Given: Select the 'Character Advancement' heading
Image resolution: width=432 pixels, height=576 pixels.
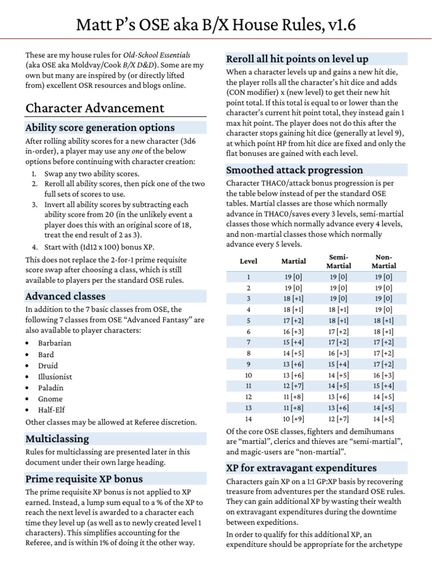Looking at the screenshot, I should coord(95,108).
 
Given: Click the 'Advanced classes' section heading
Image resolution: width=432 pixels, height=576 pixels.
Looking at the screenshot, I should coord(65,296).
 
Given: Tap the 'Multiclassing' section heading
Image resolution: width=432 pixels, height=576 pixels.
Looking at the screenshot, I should coord(57,438).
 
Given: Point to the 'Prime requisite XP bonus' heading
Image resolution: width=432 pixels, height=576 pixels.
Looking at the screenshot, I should coord(84,479).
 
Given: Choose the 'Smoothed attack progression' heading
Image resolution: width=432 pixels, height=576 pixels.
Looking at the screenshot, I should coord(294,170).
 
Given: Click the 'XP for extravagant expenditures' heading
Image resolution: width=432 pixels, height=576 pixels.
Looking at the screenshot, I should coord(301,468).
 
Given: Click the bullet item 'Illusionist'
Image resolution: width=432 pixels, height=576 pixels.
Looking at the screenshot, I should coord(56,376).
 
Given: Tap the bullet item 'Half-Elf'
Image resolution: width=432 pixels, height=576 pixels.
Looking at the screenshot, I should coord(51,410).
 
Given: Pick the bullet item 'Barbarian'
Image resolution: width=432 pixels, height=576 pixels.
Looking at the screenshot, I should coord(55,343).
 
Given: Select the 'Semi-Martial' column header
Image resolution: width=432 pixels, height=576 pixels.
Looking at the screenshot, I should coord(339,261).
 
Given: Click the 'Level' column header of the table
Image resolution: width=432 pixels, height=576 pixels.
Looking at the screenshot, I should coord(249,261).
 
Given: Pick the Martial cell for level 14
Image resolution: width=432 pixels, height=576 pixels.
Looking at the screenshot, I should coord(293,418).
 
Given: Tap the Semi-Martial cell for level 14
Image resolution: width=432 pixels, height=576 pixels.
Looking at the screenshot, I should coord(339,418).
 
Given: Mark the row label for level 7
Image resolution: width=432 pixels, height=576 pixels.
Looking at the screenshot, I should coord(249,341).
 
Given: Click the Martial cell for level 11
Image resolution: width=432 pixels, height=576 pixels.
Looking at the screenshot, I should coord(293,385).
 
